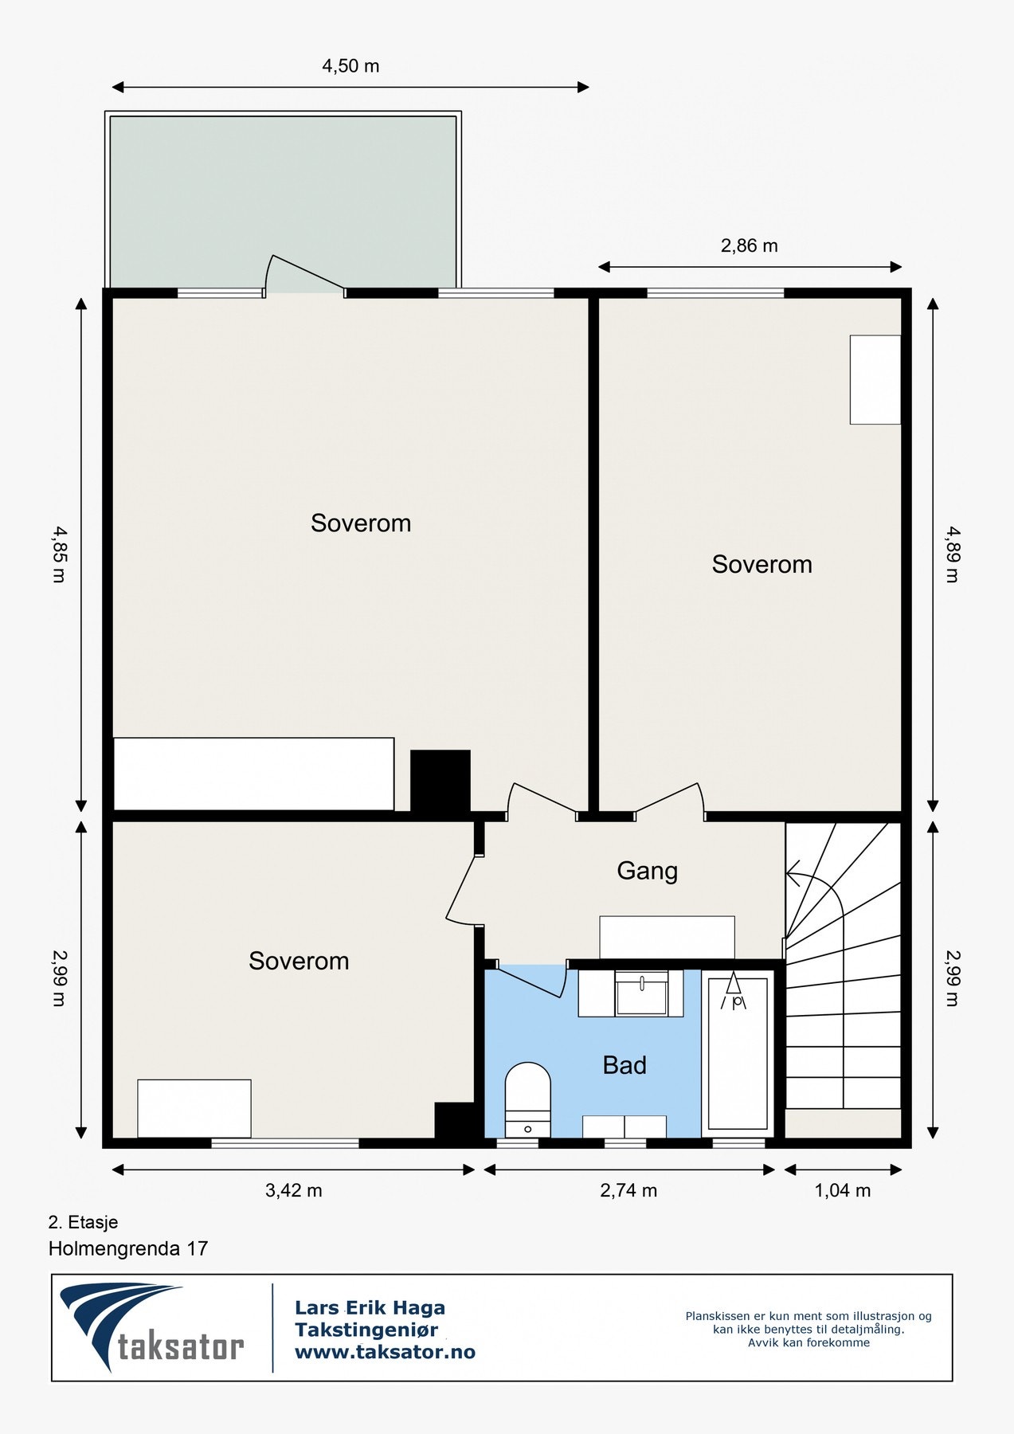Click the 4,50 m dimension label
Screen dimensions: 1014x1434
coord(350,66)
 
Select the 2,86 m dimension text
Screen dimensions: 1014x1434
coord(749,246)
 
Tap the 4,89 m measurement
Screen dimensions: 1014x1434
coord(952,554)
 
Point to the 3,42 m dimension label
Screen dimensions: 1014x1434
coord(293,1191)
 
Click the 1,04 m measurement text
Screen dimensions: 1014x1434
coord(842,1191)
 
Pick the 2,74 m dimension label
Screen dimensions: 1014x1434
coord(628,1191)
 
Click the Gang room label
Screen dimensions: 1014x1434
coord(647,871)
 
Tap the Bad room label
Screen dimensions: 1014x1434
coord(624,1065)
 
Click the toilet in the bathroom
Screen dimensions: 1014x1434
coord(528,1099)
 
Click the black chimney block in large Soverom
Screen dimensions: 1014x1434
coord(440,781)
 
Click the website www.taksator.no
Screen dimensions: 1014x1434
coord(385,1352)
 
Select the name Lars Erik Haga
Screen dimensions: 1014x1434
coord(370,1307)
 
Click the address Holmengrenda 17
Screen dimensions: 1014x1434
coord(128,1248)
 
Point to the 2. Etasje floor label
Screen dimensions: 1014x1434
coord(83,1222)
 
